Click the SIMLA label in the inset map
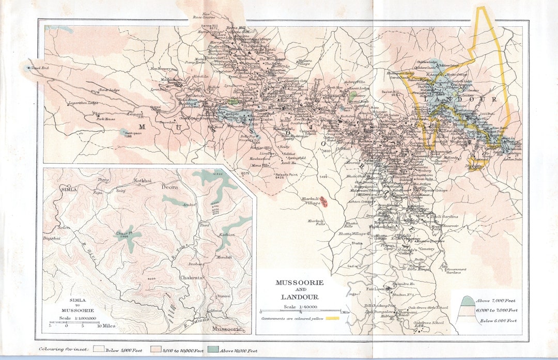pyautogui.click(x=69, y=190)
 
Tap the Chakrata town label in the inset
pyautogui.click(x=192, y=278)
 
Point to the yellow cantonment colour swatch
pyautogui.click(x=332, y=318)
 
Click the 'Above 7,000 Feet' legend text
pyautogui.click(x=496, y=301)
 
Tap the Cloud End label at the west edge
pyautogui.click(x=39, y=68)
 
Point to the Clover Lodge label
pyautogui.click(x=109, y=90)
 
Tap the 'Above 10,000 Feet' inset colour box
pyautogui.click(x=215, y=350)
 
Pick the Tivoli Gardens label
pyautogui.click(x=444, y=216)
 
